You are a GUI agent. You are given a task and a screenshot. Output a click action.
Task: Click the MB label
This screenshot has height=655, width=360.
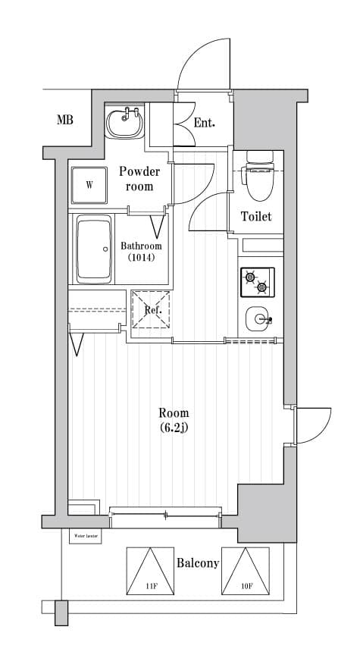click(64, 120)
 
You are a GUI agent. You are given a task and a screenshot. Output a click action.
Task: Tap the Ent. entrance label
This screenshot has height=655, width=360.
click(204, 122)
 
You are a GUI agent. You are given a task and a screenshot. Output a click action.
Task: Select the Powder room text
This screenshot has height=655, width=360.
click(139, 178)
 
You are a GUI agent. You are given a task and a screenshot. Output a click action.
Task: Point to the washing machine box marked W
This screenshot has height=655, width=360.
click(89, 185)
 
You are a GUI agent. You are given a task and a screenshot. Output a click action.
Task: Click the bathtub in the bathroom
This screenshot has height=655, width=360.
click(94, 249)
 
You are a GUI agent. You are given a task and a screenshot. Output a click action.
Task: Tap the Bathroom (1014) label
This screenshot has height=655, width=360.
click(141, 252)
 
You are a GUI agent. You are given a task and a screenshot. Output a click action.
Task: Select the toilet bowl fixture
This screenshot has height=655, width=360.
click(258, 174)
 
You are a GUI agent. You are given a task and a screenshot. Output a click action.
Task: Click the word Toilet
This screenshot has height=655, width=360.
click(255, 217)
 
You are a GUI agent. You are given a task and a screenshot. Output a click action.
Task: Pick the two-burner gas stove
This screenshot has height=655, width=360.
click(257, 282)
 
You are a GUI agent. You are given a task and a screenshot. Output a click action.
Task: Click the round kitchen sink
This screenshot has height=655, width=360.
click(258, 320)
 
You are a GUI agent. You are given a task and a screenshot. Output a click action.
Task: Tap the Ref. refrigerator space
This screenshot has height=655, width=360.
click(152, 309)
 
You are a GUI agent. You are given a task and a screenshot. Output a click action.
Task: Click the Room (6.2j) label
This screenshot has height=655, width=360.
click(174, 420)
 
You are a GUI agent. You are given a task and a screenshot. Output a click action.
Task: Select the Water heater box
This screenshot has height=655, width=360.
click(85, 536)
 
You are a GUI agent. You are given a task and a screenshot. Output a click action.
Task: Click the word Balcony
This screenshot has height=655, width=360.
click(198, 563)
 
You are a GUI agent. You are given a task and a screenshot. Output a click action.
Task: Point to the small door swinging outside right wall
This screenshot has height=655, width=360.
click(313, 425)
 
